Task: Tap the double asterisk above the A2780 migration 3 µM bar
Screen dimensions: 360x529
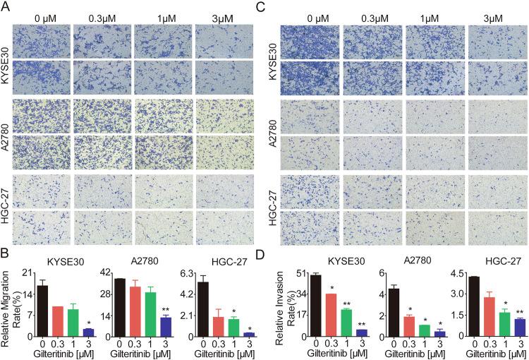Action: pyautogui.click(x=186, y=309)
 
